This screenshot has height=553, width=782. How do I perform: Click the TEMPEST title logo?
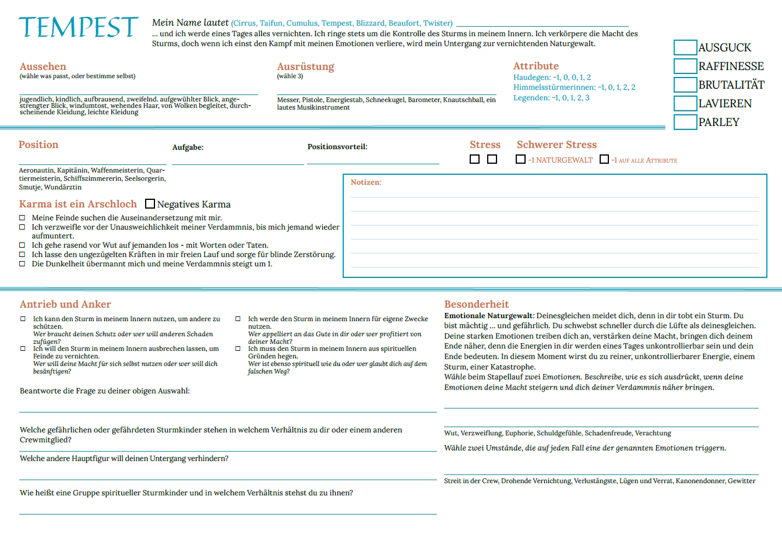point(78,27)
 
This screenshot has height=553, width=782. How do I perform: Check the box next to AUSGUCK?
point(685,48)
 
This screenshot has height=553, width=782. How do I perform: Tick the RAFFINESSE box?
point(685,66)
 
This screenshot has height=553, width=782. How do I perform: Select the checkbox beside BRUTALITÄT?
point(685,85)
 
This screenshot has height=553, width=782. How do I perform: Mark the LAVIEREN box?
point(685,104)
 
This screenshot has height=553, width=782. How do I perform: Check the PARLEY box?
point(685,122)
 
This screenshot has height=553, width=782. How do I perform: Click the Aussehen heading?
point(43,66)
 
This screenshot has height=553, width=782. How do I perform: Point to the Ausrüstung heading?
point(305,66)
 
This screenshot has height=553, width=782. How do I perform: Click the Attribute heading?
point(536,66)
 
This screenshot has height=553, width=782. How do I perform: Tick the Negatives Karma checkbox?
point(150,204)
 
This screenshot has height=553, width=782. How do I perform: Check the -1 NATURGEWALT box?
point(520,159)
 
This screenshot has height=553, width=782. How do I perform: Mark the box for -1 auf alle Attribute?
point(604,159)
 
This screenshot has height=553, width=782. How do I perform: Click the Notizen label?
point(366,182)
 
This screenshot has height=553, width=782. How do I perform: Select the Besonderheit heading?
point(476,304)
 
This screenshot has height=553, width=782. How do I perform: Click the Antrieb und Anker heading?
point(65,304)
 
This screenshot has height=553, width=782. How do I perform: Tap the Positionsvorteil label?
point(337,147)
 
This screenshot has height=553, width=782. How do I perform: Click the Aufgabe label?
point(188,147)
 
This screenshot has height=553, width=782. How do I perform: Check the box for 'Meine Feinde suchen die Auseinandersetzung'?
point(23,218)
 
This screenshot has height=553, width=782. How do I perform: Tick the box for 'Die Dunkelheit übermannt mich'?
point(23,264)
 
